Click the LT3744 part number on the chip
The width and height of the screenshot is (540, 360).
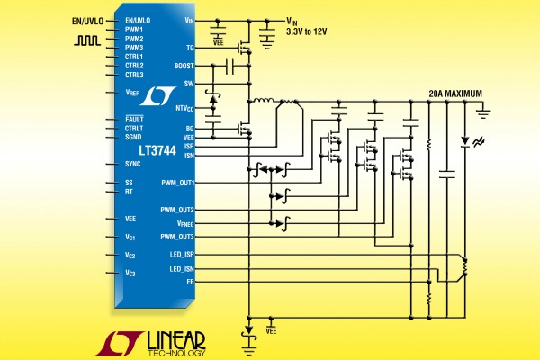pyautogui.click(x=157, y=150)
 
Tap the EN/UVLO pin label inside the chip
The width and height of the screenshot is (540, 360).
pyautogui.click(x=138, y=21)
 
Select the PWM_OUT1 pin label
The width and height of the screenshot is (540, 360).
pyautogui.click(x=178, y=183)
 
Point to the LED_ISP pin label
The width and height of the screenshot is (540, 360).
pyautogui.click(x=182, y=255)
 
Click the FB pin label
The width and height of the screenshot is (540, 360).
pyautogui.click(x=191, y=282)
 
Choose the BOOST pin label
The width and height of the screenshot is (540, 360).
pyautogui.click(x=184, y=66)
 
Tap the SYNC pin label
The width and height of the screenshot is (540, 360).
pyautogui.click(x=132, y=164)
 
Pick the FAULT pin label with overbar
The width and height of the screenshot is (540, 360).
pyautogui.click(x=134, y=119)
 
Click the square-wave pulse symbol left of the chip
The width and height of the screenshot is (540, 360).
pyautogui.click(x=87, y=40)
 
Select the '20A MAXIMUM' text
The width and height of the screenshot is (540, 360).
pyautogui.click(x=455, y=94)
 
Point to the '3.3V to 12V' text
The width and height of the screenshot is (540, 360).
pyautogui.click(x=307, y=32)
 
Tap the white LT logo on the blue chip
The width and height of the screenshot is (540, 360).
pyautogui.click(x=158, y=96)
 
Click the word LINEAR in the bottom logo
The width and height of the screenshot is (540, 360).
pyautogui.click(x=176, y=341)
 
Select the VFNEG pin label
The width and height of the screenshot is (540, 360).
pyautogui.click(x=185, y=224)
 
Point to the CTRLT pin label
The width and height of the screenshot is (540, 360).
pyautogui.click(x=134, y=129)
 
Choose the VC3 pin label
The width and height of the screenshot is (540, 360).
pyautogui.click(x=130, y=274)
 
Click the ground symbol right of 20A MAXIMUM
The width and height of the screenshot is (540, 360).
pyautogui.click(x=483, y=112)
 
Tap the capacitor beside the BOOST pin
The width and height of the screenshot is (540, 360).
pyautogui.click(x=229, y=66)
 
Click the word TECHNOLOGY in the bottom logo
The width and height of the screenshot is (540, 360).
pyautogui.click(x=176, y=353)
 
